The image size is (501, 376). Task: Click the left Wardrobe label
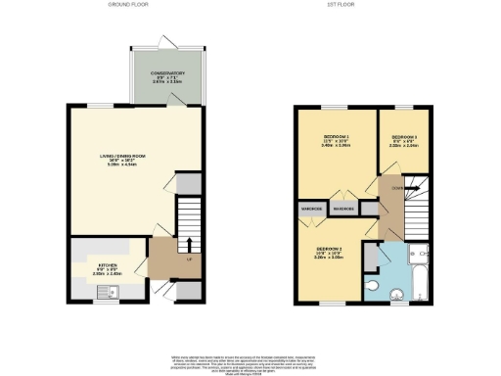[312, 209]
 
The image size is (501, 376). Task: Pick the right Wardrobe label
[342, 209]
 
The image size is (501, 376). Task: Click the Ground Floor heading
[120, 6]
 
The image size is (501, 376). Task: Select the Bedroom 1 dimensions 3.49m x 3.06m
[336, 148]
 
